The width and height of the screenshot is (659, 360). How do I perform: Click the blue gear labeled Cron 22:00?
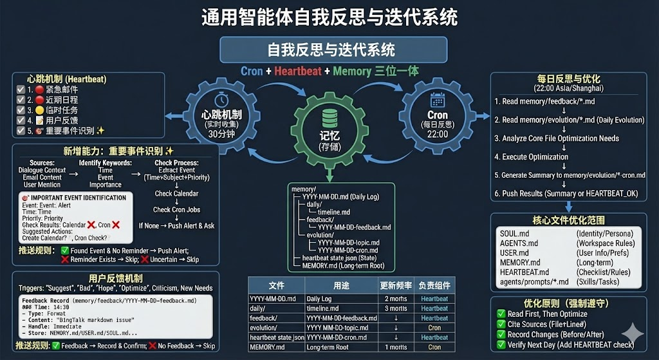(x=438, y=116)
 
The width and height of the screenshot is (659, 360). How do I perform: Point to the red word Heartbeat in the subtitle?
(x=297, y=71)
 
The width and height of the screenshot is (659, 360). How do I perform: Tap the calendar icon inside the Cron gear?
(x=438, y=100)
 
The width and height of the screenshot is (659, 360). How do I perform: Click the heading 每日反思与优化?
(x=564, y=79)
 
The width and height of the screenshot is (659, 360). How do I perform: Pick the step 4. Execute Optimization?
(x=531, y=156)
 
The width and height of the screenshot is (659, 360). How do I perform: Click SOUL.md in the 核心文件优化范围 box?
(x=514, y=233)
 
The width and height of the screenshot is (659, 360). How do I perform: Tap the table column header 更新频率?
(x=395, y=285)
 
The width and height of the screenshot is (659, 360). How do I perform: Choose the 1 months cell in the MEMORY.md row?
(x=395, y=347)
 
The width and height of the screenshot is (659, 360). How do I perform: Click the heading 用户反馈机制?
(x=115, y=278)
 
